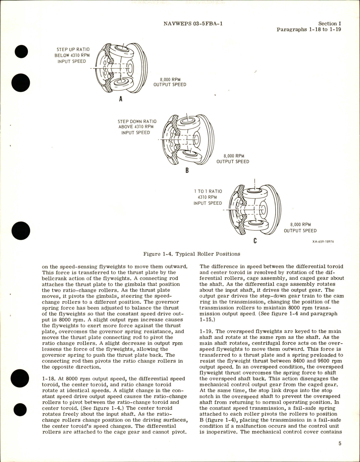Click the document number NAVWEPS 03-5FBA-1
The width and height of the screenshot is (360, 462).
click(x=193, y=24)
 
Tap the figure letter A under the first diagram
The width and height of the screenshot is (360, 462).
click(x=121, y=99)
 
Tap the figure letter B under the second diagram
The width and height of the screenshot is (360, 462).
click(x=187, y=170)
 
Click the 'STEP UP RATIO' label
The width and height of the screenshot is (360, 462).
click(x=73, y=50)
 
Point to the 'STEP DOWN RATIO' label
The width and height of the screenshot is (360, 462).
click(x=137, y=121)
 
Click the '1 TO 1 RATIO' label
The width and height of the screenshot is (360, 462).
click(x=208, y=191)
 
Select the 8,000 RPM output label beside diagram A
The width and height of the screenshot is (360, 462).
click(x=170, y=82)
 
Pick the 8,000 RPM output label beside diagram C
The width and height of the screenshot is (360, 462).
click(x=300, y=228)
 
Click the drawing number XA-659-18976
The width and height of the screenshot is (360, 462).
click(x=321, y=242)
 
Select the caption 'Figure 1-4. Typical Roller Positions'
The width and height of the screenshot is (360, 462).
click(x=192, y=254)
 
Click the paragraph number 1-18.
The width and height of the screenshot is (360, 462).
click(x=48, y=379)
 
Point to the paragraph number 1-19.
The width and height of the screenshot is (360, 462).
click(x=206, y=331)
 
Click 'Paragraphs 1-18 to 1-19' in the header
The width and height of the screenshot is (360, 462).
click(x=309, y=30)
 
